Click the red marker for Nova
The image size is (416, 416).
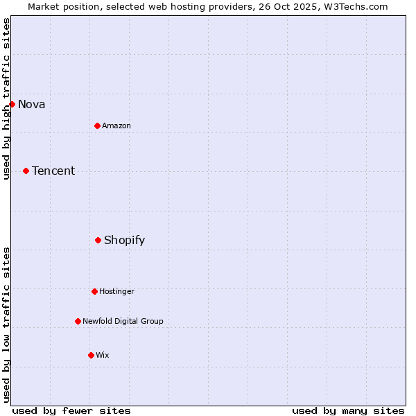click(x=12, y=104)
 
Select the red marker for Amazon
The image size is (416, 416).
click(x=97, y=125)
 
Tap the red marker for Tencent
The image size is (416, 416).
click(x=26, y=171)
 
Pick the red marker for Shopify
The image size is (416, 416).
click(x=98, y=240)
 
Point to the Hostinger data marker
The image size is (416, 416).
click(x=94, y=291)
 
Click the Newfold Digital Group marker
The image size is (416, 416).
click(x=78, y=321)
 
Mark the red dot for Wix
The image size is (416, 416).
click(x=91, y=355)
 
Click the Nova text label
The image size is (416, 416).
click(x=31, y=105)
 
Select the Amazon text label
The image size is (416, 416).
click(x=116, y=125)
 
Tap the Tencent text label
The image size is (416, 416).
click(x=53, y=171)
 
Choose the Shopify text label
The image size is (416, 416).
click(x=124, y=241)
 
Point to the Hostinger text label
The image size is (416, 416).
click(x=116, y=291)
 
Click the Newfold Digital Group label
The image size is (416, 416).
click(x=123, y=321)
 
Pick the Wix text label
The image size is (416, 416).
click(x=102, y=355)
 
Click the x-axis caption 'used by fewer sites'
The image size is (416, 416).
click(x=71, y=410)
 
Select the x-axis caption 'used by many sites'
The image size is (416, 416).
click(x=348, y=410)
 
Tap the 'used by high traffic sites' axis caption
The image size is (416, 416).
click(x=6, y=98)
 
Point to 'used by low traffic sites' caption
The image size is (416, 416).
click(x=6, y=324)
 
